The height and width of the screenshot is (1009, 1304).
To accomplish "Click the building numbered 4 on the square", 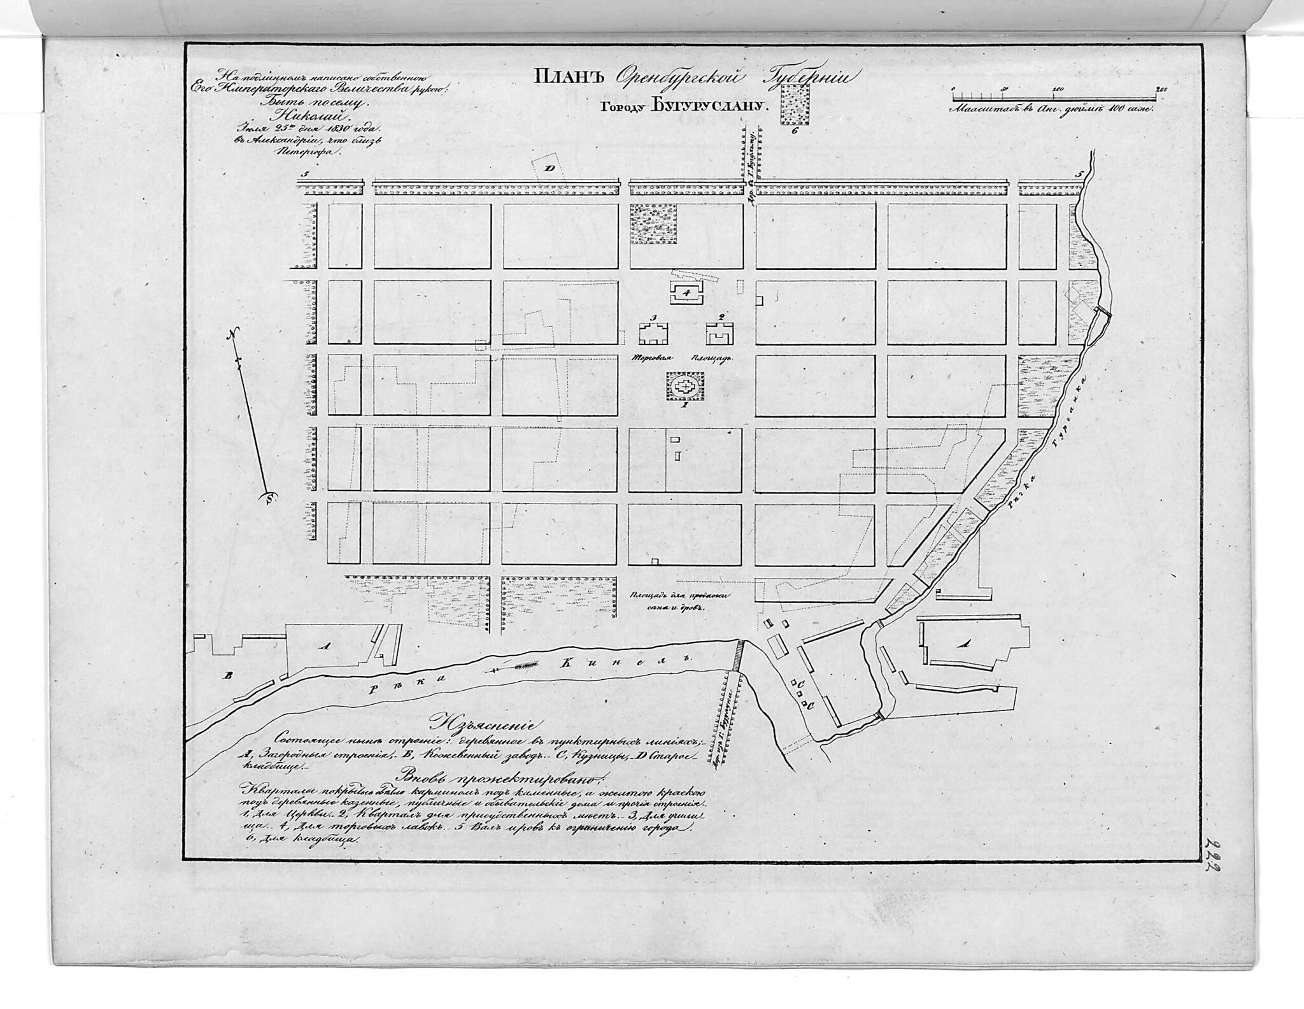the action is (686, 293).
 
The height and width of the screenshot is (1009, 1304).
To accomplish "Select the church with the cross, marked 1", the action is (686, 386).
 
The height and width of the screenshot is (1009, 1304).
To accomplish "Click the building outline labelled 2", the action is (720, 332).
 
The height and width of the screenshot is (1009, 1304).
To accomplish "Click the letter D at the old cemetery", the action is (548, 168).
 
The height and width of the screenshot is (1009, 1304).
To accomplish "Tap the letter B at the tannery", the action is (227, 675).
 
